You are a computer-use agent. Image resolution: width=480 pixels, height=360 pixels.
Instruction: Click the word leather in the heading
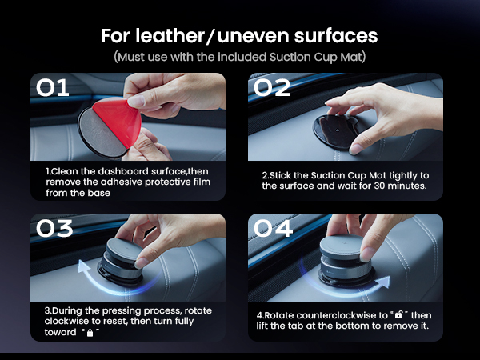[x=170, y=36]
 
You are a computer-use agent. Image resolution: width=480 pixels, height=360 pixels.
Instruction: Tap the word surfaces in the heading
[x=336, y=36]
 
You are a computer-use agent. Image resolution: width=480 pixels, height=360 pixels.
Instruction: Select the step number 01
[x=52, y=88]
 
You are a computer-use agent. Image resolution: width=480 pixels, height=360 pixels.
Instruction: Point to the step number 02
[x=272, y=88]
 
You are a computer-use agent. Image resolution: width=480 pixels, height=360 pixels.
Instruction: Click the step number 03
[x=54, y=228]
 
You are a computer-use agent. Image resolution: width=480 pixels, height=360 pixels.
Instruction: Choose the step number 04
[x=273, y=228]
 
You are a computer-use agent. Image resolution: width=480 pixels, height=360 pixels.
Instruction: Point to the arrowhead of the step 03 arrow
[x=83, y=266]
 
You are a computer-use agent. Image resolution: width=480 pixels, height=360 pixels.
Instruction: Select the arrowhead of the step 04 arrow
[x=384, y=282]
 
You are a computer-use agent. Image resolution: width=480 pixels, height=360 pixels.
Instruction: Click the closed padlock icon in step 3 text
[x=90, y=333]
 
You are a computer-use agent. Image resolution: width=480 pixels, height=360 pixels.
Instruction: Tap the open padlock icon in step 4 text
[x=399, y=314]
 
